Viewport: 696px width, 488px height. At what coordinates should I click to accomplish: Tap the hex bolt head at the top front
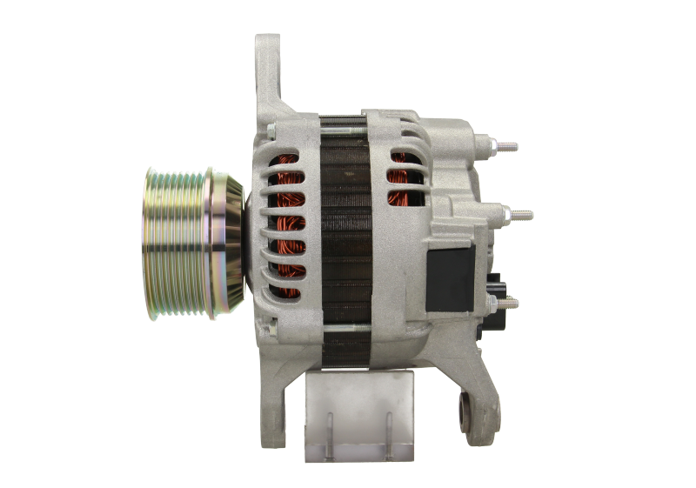270,130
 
